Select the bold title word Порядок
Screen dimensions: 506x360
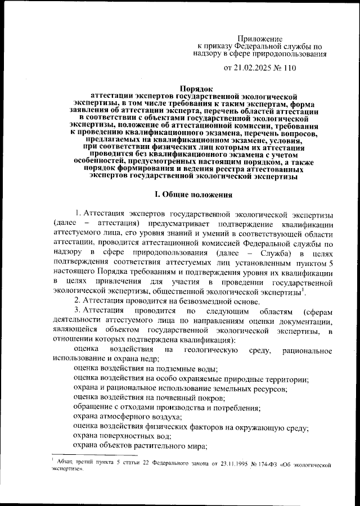coord(196,88)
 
